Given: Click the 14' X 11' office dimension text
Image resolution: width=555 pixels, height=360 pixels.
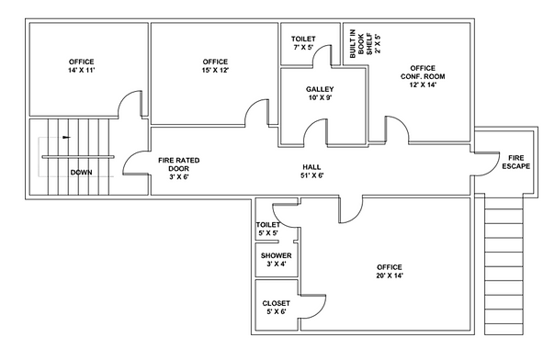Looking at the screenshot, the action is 82,70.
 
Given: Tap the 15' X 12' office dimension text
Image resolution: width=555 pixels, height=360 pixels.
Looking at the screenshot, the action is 215,70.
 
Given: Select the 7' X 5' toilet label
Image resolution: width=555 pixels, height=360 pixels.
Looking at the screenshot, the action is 303,43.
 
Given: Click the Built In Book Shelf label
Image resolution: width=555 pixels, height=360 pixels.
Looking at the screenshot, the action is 366,43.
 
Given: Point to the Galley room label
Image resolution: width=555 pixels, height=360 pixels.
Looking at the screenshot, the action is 320,94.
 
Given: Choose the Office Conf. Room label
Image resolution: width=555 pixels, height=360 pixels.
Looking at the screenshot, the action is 423,76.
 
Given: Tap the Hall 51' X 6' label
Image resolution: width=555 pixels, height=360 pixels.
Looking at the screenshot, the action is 311,171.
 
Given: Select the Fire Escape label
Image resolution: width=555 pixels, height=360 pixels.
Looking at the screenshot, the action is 516,162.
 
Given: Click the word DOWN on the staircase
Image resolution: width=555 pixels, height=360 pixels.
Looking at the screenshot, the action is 82,173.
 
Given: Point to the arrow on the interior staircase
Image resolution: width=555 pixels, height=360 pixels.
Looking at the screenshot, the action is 66,137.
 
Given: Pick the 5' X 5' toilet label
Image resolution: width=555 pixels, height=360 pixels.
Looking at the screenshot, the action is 268,229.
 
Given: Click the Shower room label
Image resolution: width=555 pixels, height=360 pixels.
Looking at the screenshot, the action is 276,260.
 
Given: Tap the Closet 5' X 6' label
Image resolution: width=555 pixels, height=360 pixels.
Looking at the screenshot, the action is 276,308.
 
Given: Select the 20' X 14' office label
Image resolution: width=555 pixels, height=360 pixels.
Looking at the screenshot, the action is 390,271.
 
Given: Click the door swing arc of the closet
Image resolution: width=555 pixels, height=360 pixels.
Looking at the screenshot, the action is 319,311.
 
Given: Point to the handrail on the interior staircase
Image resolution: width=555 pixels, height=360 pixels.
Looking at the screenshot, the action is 78,157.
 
